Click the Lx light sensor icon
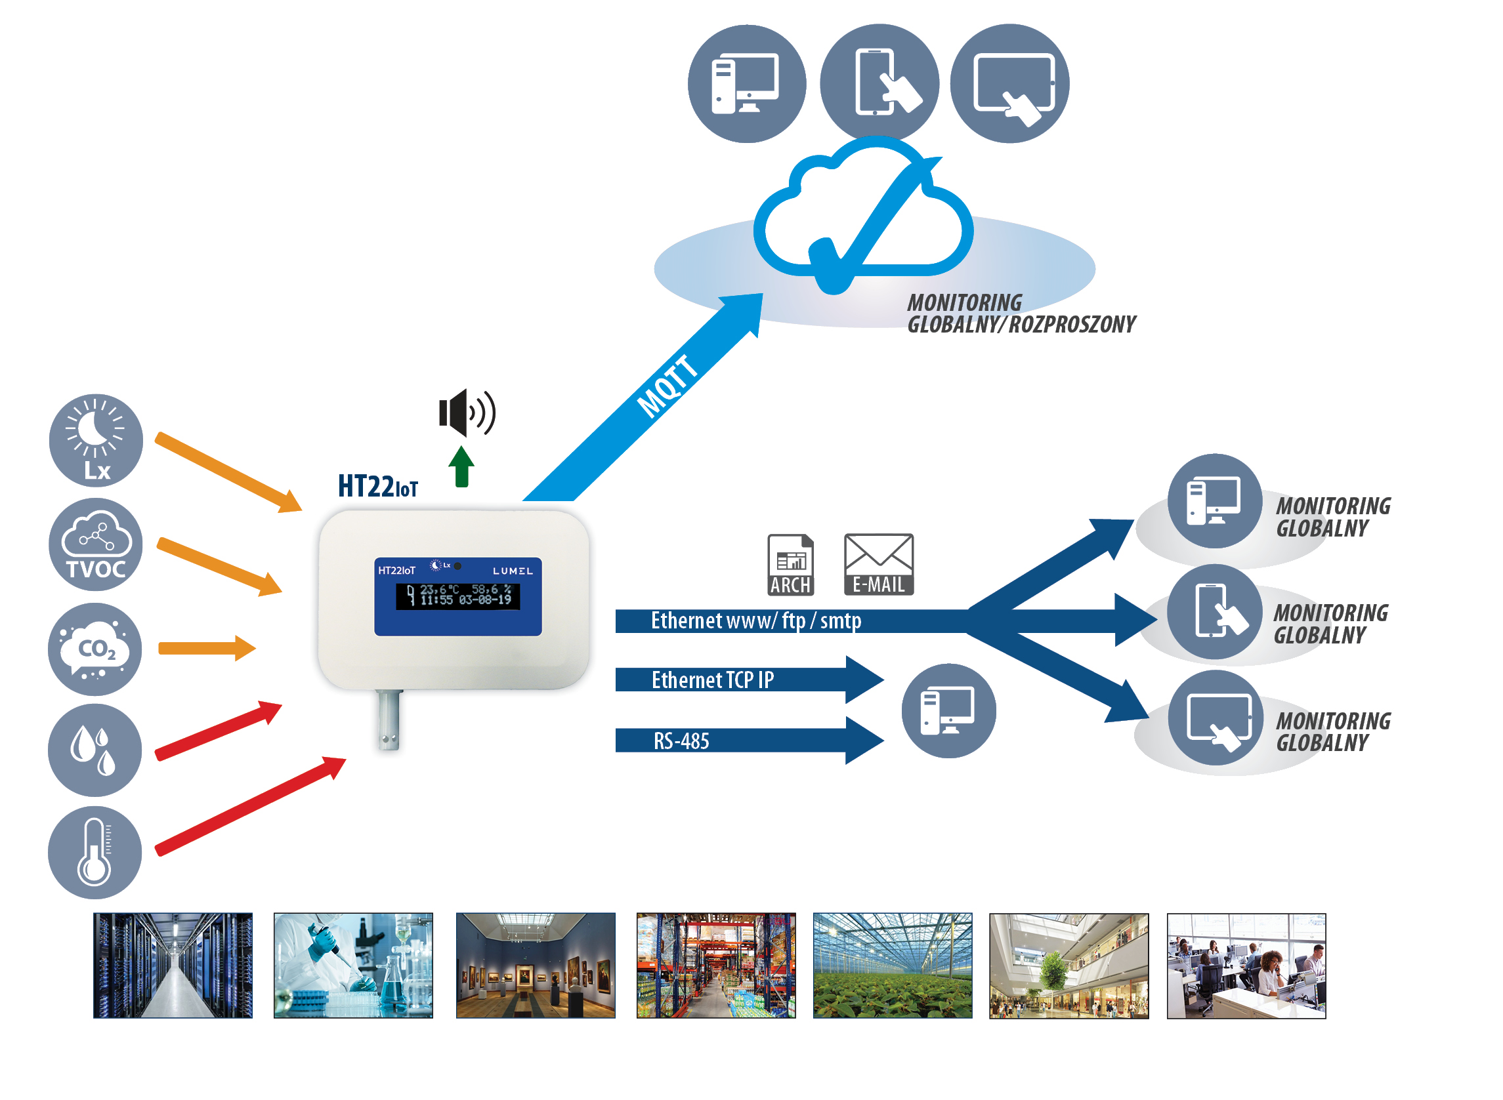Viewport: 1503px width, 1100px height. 96,440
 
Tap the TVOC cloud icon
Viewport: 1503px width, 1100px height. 96,544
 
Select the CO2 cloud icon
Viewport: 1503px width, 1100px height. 95,649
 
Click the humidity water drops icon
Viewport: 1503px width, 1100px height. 95,750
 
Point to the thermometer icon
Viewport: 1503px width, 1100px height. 95,853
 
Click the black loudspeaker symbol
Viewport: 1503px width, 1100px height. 467,412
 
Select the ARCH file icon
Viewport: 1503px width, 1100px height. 790,565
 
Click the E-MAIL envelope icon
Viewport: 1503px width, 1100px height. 879,565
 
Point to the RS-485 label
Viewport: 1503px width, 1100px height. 681,741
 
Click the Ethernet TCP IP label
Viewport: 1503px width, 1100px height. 712,680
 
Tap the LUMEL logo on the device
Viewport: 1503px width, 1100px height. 513,571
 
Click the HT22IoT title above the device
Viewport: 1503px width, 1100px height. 378,487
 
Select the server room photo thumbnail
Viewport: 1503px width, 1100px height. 173,965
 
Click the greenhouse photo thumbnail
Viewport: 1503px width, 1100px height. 892,965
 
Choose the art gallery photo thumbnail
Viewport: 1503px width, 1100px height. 535,965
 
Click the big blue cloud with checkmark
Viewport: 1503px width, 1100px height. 864,213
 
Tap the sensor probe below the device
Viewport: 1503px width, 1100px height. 389,720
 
